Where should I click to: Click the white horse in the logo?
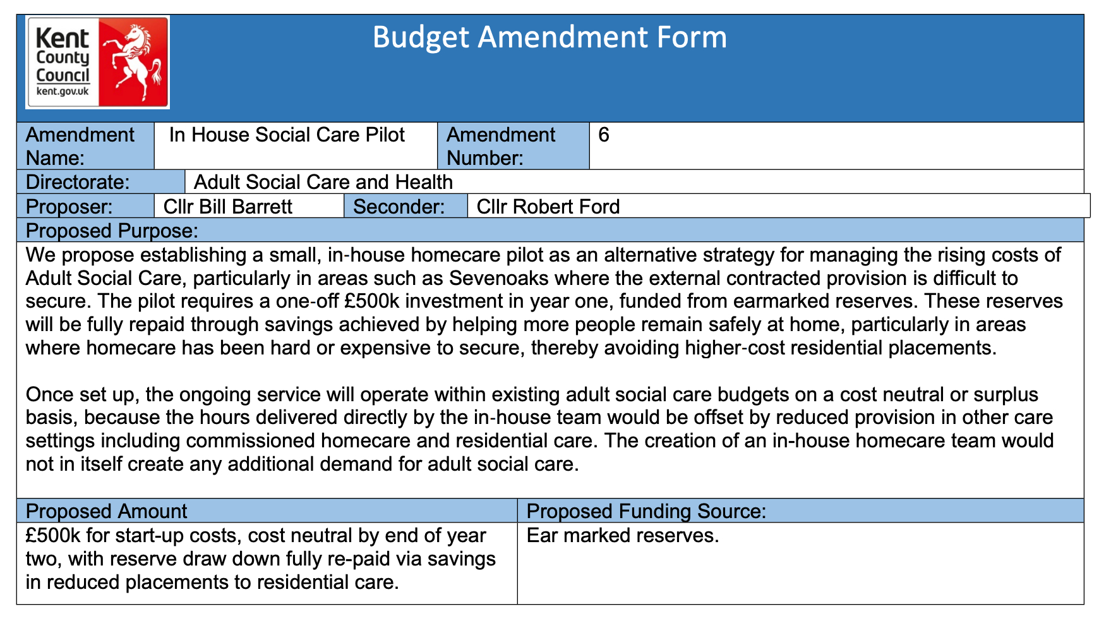(133, 61)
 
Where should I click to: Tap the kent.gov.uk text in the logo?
(63, 92)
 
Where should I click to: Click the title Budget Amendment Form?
(549, 37)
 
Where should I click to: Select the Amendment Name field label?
(80, 146)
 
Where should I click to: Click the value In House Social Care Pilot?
(287, 135)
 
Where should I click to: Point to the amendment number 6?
(603, 135)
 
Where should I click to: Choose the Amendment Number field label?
(500, 146)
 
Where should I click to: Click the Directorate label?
(77, 182)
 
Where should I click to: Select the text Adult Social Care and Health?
(323, 182)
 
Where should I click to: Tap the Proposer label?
(69, 207)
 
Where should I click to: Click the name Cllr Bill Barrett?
(227, 207)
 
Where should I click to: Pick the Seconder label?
(399, 207)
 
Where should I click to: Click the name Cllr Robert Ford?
(548, 207)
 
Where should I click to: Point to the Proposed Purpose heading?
(112, 231)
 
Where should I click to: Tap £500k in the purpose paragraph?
(372, 301)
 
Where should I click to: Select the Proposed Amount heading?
(106, 511)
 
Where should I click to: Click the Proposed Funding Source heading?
(646, 511)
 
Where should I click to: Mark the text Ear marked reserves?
(622, 535)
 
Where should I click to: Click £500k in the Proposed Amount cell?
(53, 535)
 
